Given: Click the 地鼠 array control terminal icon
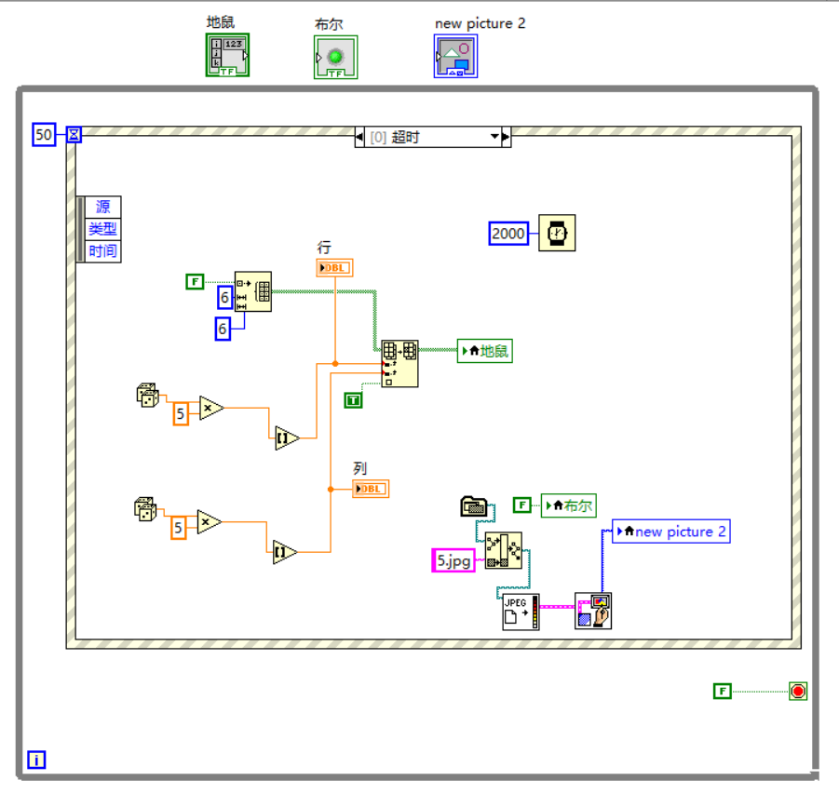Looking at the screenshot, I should [227, 56].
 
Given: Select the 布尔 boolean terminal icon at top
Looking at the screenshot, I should [335, 58].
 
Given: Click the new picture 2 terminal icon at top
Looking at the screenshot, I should [455, 57].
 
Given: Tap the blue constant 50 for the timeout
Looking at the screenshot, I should [44, 135].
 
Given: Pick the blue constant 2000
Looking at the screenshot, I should [508, 233].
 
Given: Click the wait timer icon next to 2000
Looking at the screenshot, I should [557, 233].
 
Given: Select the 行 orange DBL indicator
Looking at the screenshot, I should [334, 268].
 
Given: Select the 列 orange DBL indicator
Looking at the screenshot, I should [371, 489].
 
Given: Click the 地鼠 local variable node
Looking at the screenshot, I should [485, 351].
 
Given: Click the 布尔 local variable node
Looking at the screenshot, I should [569, 505].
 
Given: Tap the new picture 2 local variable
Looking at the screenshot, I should [671, 532].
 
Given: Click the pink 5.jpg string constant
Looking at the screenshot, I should [454, 559].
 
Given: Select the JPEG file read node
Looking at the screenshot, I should [521, 612].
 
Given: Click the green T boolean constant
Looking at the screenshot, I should [353, 400].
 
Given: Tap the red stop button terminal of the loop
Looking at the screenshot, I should [797, 691].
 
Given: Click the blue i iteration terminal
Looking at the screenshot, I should [36, 760].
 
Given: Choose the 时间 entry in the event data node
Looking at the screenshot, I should [102, 251].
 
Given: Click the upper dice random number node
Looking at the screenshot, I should [147, 395].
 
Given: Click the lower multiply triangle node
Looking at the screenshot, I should [210, 522].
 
